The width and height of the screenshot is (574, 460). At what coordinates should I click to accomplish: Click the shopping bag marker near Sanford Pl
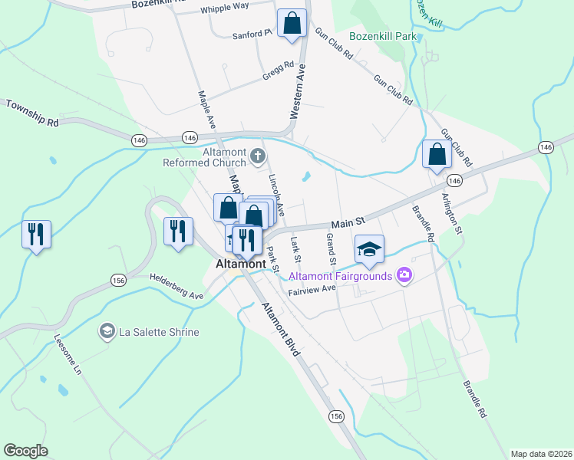coord(292,24)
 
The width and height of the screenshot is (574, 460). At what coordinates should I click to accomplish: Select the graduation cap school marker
coord(369,249)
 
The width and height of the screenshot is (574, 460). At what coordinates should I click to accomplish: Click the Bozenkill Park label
coord(382,36)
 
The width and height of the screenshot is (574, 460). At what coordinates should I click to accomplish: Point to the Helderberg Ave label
coord(176,286)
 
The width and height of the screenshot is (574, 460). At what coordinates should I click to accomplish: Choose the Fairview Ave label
coord(312,290)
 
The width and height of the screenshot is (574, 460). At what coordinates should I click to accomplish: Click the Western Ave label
coord(299,91)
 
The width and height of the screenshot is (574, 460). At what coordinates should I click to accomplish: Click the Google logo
coord(25,451)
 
